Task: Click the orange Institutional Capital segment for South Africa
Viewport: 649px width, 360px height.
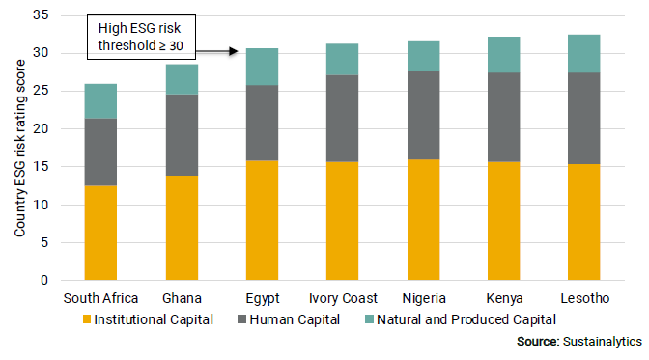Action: (x=100, y=233)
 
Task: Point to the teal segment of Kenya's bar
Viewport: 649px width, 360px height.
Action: (x=502, y=55)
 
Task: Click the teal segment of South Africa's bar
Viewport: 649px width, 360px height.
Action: (x=100, y=101)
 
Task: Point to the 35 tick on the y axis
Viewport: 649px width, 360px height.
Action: (x=41, y=15)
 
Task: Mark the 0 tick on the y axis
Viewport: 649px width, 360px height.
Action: (x=44, y=281)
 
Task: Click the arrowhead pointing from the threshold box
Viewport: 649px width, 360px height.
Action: (x=234, y=52)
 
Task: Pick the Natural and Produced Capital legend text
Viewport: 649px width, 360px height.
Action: (x=466, y=318)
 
